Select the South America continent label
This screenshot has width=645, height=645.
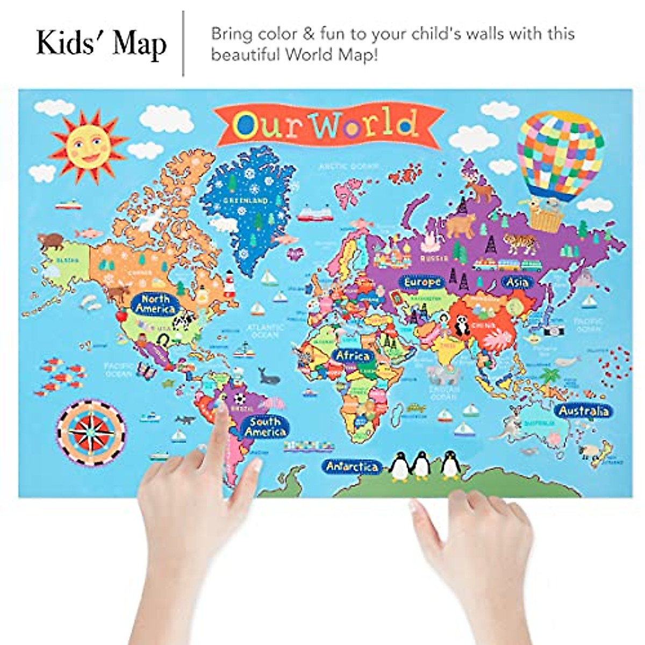(x=265, y=426)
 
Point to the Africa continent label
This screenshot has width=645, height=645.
(x=353, y=355)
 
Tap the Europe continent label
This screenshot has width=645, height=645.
(x=422, y=282)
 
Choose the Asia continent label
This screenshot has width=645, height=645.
(x=517, y=282)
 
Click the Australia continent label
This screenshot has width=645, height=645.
(x=584, y=411)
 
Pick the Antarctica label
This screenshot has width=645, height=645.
(x=352, y=467)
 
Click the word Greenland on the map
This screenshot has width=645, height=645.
(x=245, y=200)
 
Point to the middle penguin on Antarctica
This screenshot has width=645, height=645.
(x=421, y=465)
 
